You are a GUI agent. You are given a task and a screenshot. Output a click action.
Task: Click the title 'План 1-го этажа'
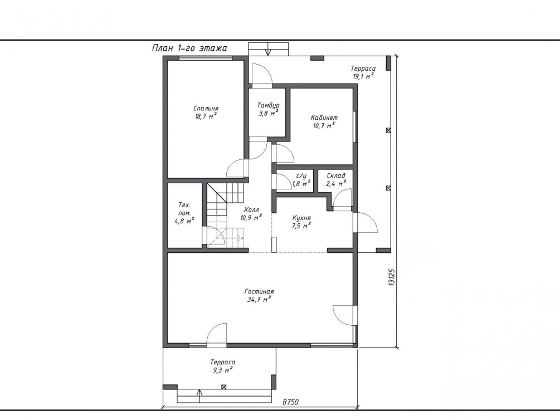pos(189,48)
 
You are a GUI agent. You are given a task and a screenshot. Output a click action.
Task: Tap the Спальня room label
pos(206,108)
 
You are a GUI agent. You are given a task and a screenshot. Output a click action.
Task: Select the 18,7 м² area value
pos(206,116)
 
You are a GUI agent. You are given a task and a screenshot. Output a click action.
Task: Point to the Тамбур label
pos(268,105)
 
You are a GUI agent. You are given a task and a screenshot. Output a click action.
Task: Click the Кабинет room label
pos(324,118)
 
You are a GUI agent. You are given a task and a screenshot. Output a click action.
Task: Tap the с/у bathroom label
pos(301,176)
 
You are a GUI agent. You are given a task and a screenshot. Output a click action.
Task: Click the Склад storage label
pos(336,175)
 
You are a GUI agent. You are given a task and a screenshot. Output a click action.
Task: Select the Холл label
pos(251,209)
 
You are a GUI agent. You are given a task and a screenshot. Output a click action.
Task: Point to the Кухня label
pos(301,217)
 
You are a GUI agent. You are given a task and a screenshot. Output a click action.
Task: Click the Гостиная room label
pos(259,291)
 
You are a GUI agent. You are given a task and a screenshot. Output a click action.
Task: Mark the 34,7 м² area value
pos(259,300)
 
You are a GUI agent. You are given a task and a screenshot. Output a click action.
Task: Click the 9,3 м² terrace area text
pos(223,370)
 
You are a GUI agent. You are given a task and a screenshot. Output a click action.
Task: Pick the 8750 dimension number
pos(290,402)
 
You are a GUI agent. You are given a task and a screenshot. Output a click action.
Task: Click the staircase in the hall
pos(226,215)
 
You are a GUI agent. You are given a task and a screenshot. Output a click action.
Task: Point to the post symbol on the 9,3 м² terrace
pos(224,387)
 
